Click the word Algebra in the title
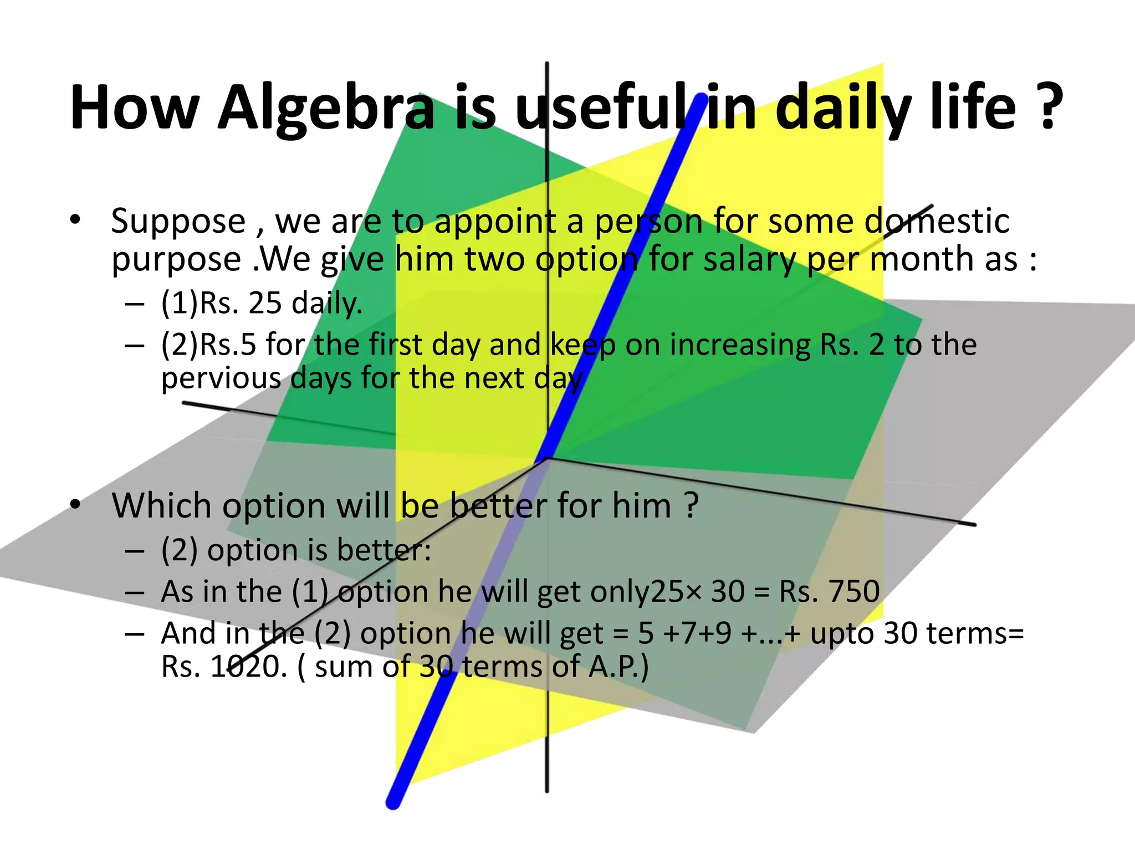pos(326,108)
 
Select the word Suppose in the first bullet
pos(178,222)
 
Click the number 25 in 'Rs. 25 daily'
pos(265,304)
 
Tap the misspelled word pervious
pos(221,379)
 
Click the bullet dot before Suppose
pos(75,220)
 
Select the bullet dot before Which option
pos(75,505)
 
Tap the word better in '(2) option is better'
pos(383,551)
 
